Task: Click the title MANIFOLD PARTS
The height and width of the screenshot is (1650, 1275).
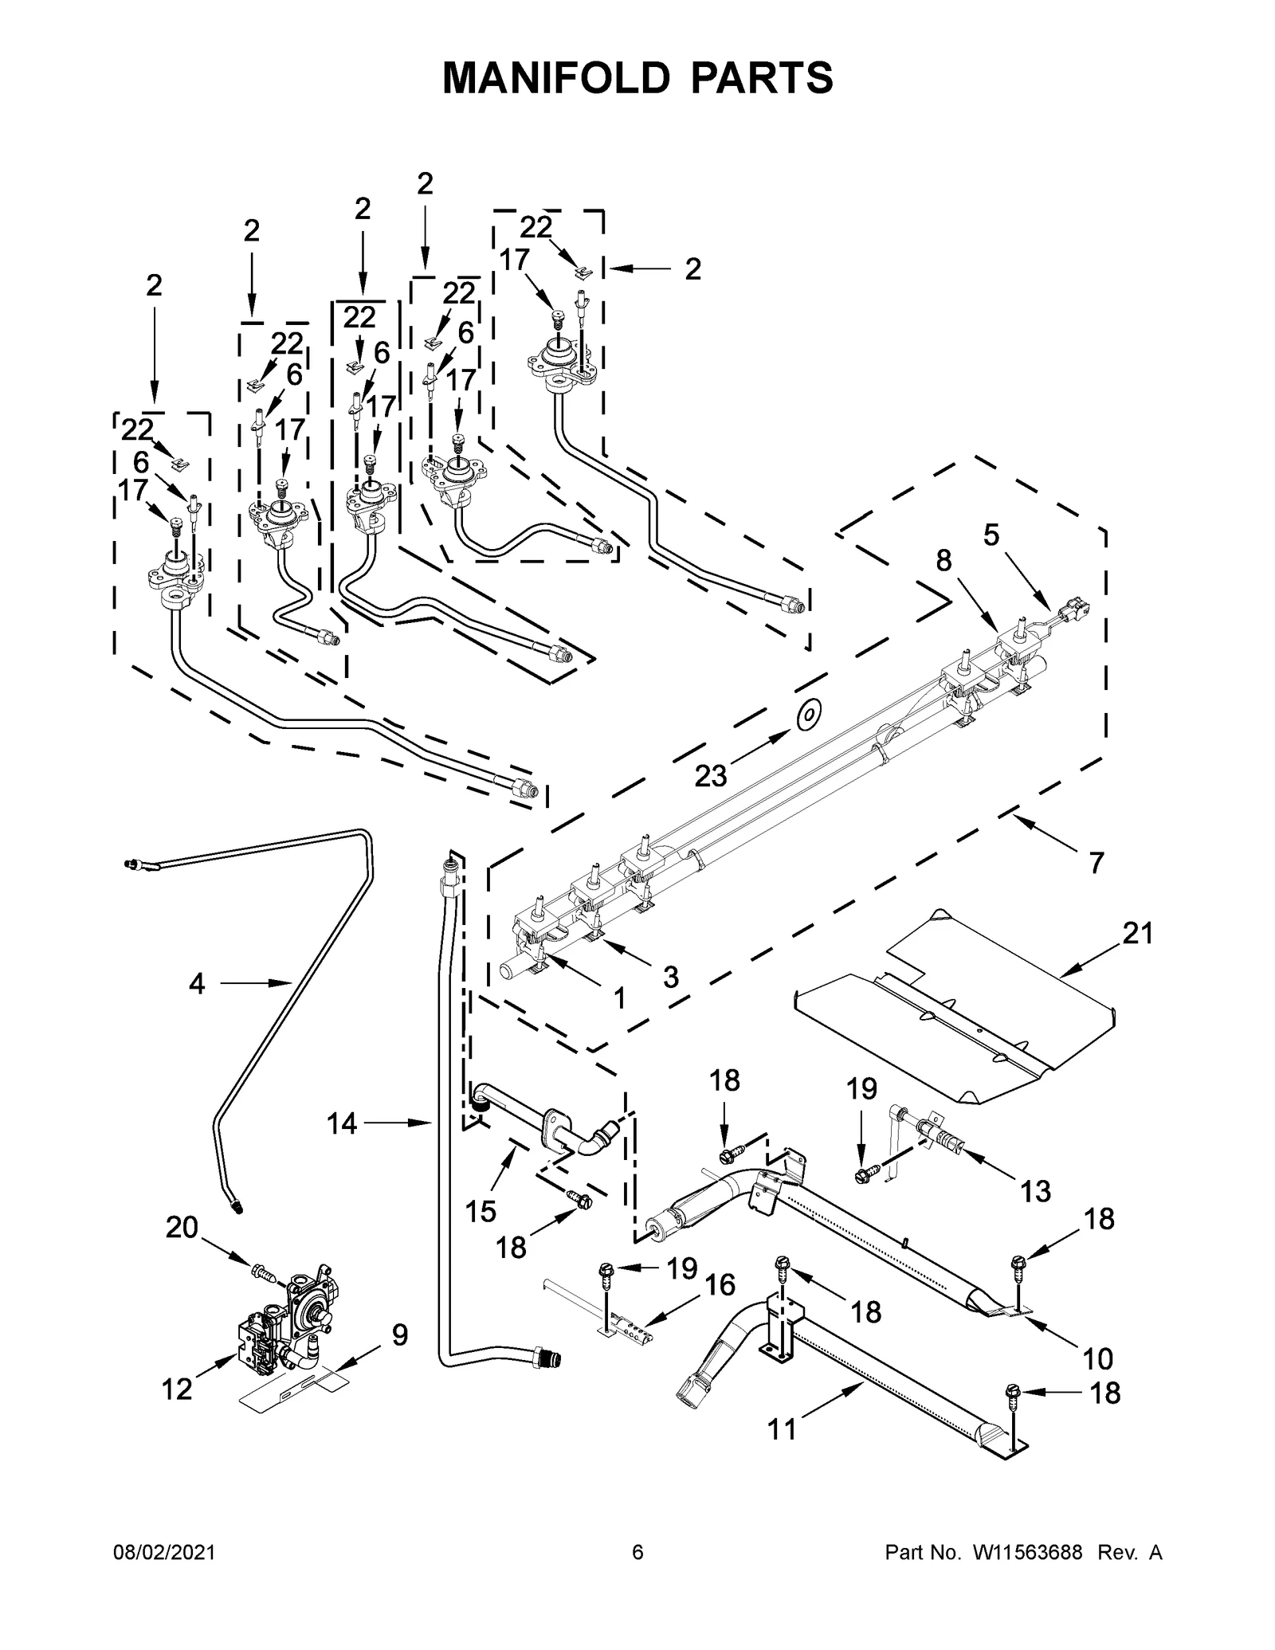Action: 637,78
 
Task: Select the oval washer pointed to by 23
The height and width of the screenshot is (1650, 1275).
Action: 809,715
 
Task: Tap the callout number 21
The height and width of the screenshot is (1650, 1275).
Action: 1137,933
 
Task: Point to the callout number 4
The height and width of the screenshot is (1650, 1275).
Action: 197,984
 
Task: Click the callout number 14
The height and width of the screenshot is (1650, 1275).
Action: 342,1124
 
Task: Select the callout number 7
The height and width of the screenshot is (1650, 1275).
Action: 1096,862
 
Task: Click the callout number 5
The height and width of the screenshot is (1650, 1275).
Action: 991,535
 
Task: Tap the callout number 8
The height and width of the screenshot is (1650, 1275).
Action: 943,561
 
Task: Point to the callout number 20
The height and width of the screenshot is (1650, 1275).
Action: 182,1228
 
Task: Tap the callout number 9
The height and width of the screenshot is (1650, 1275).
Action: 399,1335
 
